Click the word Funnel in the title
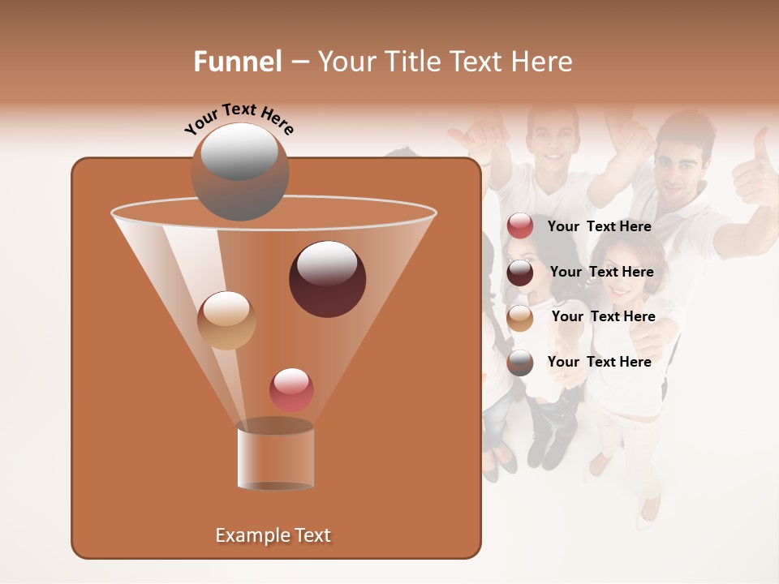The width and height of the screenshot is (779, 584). pyautogui.click(x=238, y=62)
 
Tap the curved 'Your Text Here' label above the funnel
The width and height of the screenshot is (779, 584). pyautogui.click(x=239, y=118)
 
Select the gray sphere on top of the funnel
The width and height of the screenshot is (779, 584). pyautogui.click(x=240, y=172)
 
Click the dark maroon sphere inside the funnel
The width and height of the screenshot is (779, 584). pyautogui.click(x=328, y=279)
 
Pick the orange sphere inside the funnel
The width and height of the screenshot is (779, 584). pyautogui.click(x=226, y=320)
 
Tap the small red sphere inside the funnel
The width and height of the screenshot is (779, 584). pyautogui.click(x=292, y=389)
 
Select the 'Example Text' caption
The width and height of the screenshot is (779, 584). pyautogui.click(x=273, y=535)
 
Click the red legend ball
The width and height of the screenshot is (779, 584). pyautogui.click(x=520, y=226)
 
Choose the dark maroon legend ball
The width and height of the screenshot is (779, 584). pyautogui.click(x=520, y=273)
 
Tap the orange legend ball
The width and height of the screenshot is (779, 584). pyautogui.click(x=520, y=317)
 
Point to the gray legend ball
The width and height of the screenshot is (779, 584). pyautogui.click(x=520, y=363)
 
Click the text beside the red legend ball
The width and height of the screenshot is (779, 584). pyautogui.click(x=600, y=227)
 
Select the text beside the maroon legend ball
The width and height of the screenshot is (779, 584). pyautogui.click(x=601, y=272)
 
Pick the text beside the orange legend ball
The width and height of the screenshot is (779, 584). pyautogui.click(x=603, y=316)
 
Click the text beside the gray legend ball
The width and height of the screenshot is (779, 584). pyautogui.click(x=600, y=362)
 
